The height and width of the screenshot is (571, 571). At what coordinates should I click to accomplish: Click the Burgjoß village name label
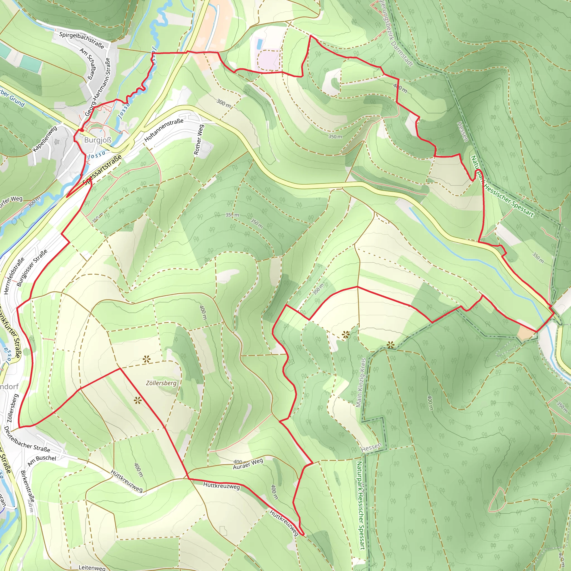pyautogui.click(x=98, y=140)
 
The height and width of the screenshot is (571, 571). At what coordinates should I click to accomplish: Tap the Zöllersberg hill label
pyautogui.click(x=161, y=383)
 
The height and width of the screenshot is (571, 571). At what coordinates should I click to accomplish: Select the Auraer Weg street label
pyautogui.click(x=248, y=464)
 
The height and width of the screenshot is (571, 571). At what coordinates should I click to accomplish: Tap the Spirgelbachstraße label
pyautogui.click(x=82, y=40)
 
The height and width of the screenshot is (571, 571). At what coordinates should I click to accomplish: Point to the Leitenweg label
pyautogui.click(x=92, y=567)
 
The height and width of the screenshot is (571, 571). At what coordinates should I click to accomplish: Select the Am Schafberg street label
pyautogui.click(x=88, y=64)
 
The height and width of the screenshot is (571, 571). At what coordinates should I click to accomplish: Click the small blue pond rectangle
pyautogui.click(x=259, y=44)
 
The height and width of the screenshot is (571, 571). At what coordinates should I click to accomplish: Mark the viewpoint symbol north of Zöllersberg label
pyautogui.click(x=146, y=359)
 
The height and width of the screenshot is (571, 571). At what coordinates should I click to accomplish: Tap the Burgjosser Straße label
pyautogui.click(x=32, y=268)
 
